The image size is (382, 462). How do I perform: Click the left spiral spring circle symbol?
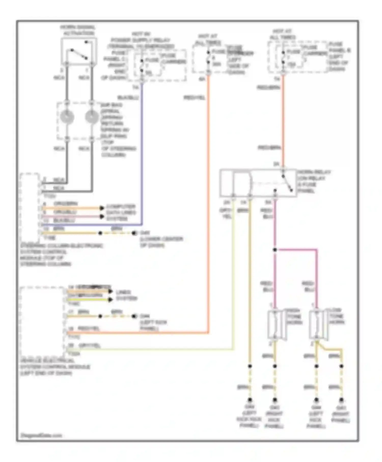tap(67, 117)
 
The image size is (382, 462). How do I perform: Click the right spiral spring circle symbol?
tap(92, 117)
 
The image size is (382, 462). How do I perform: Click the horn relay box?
tap(258, 183)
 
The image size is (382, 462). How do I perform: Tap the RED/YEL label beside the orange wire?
tap(194, 98)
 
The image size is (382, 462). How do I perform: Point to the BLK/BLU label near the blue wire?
tap(128, 98)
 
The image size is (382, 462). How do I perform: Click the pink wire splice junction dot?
tap(275, 250)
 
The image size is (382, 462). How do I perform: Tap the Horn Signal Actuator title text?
tap(78, 30)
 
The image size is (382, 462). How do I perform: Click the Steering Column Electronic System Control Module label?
tap(61, 255)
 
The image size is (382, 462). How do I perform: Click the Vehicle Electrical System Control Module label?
tap(55, 367)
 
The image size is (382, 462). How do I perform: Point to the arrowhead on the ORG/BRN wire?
tap(102, 208)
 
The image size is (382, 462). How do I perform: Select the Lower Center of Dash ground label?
tap(161, 242)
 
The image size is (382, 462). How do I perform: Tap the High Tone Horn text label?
tap(294, 316)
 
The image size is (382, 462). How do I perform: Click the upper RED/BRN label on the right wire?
tap(268, 88)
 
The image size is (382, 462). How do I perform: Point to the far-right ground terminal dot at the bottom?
tap(341, 400)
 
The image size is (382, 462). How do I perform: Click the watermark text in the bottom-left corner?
tap(41, 435)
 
